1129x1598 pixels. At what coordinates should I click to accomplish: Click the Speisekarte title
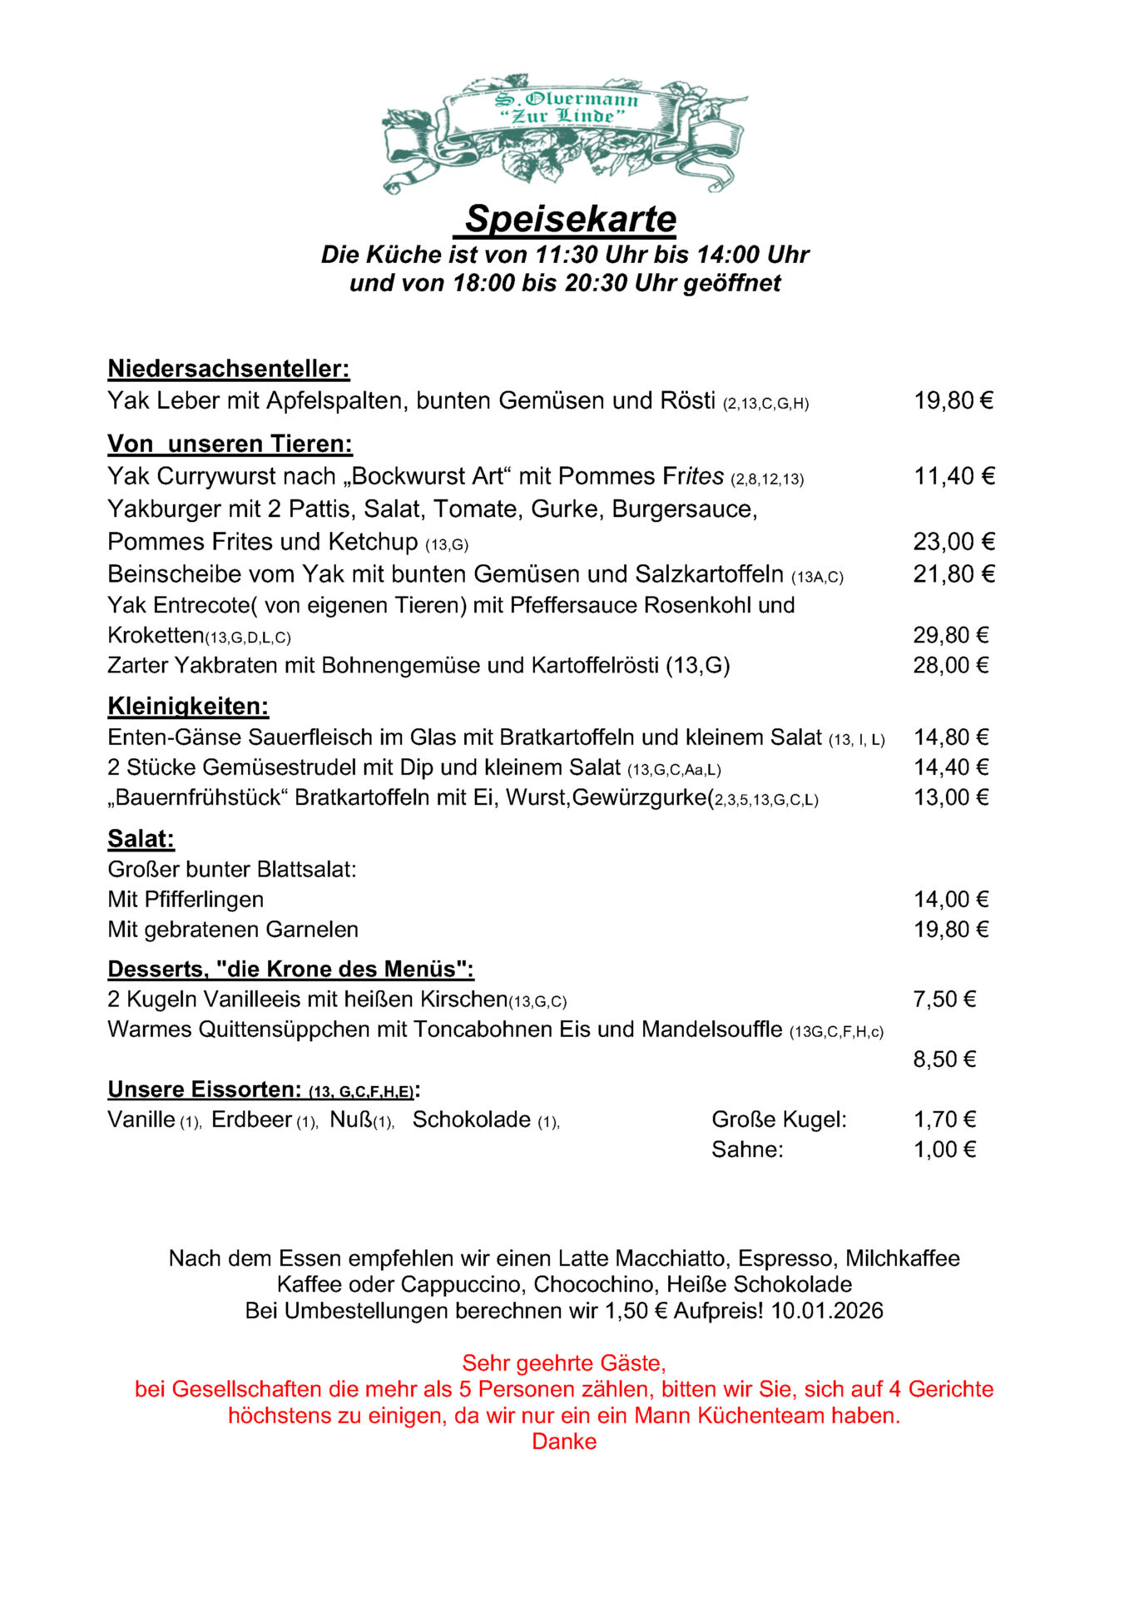pyautogui.click(x=570, y=219)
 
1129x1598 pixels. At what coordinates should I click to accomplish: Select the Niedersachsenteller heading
pyautogui.click(x=229, y=369)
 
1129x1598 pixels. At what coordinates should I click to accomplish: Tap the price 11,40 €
pyautogui.click(x=953, y=476)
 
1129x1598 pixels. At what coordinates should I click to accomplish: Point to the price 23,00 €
pyautogui.click(x=953, y=542)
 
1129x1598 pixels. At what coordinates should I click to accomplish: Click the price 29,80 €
pyautogui.click(x=950, y=635)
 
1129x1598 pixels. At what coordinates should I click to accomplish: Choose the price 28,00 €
pyautogui.click(x=950, y=665)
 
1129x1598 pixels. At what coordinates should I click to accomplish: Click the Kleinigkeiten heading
pyautogui.click(x=188, y=707)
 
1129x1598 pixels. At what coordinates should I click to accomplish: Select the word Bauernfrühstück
pyautogui.click(x=200, y=797)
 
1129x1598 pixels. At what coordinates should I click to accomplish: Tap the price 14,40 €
pyautogui.click(x=950, y=767)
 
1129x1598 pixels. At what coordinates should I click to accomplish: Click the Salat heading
pyautogui.click(x=141, y=839)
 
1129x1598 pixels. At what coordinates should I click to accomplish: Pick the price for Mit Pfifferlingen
pyautogui.click(x=950, y=900)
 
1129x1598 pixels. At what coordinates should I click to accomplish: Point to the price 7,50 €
pyautogui.click(x=943, y=1000)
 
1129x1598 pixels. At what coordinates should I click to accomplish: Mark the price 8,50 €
pyautogui.click(x=943, y=1060)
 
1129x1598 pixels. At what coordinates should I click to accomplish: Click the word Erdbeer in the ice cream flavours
pyautogui.click(x=251, y=1120)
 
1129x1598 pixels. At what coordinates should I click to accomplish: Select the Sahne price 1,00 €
pyautogui.click(x=943, y=1150)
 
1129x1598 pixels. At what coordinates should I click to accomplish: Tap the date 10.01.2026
pyautogui.click(x=826, y=1311)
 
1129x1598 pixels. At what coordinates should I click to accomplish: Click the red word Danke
pyautogui.click(x=564, y=1442)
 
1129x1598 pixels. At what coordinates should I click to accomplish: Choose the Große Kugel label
pyautogui.click(x=778, y=1120)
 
